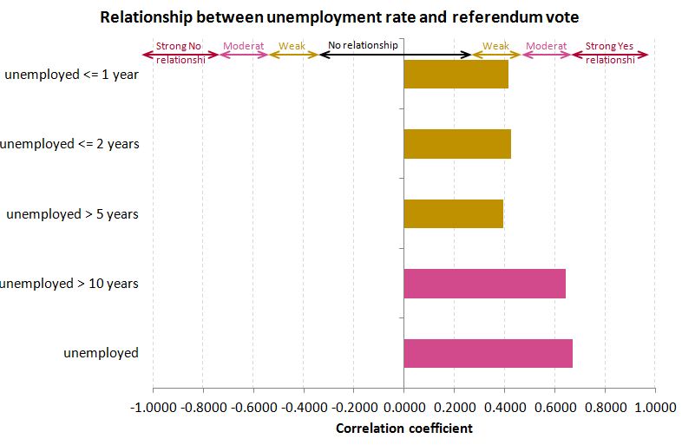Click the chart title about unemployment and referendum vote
pos(339,16)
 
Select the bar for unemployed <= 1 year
pos(456,75)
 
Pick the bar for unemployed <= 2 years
pos(457,144)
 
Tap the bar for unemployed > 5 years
pos(453,213)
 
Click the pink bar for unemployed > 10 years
pos(484,284)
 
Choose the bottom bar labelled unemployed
pos(488,353)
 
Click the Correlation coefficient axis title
pos(403,429)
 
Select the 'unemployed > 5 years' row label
pos(72,214)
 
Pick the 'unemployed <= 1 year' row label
pos(71,75)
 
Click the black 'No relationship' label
pos(363,45)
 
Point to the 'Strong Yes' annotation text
pos(609,46)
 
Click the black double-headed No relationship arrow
pos(395,55)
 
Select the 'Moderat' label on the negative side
pos(243,46)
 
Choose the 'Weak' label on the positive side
pos(495,46)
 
